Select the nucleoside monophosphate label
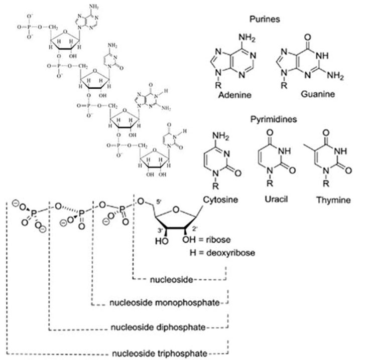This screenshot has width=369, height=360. coord(165,303)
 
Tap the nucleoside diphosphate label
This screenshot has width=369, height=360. coord(159,327)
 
